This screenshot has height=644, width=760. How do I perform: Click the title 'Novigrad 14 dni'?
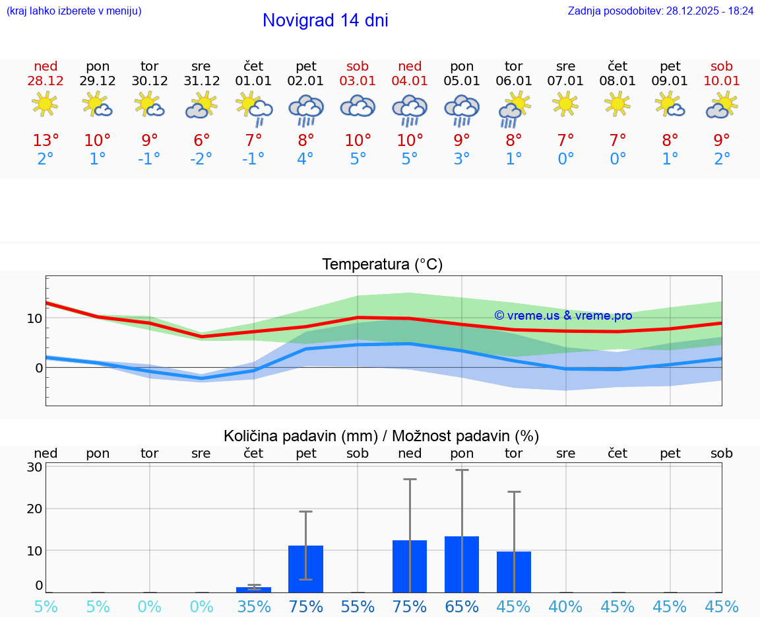tap(325, 20)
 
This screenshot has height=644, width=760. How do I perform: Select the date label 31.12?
tap(201, 81)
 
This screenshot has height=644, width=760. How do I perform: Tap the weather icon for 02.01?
tap(305, 110)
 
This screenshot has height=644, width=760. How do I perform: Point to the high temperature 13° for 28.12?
tap(46, 140)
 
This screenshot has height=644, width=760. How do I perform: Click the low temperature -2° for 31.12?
tap(201, 159)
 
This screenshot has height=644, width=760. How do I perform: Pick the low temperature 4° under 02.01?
tap(305, 159)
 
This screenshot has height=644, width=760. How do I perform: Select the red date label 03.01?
tap(358, 81)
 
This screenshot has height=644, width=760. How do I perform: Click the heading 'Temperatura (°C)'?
tap(382, 264)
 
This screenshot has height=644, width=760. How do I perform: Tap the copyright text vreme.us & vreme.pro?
tap(563, 316)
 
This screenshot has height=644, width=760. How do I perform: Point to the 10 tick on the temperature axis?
tap(34, 318)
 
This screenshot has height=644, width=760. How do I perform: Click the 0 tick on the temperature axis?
tap(38, 367)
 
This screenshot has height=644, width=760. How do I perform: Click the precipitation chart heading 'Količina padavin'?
tap(381, 436)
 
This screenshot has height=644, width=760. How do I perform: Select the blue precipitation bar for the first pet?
tap(305, 569)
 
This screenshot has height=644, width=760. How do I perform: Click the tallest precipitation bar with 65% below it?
tap(462, 564)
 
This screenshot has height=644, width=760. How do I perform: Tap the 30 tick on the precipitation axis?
tap(34, 467)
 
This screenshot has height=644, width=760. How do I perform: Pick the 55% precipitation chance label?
tap(358, 606)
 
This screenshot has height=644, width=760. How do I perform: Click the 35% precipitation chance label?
tap(253, 606)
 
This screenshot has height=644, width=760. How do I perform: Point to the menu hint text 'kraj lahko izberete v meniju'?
tap(74, 11)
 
